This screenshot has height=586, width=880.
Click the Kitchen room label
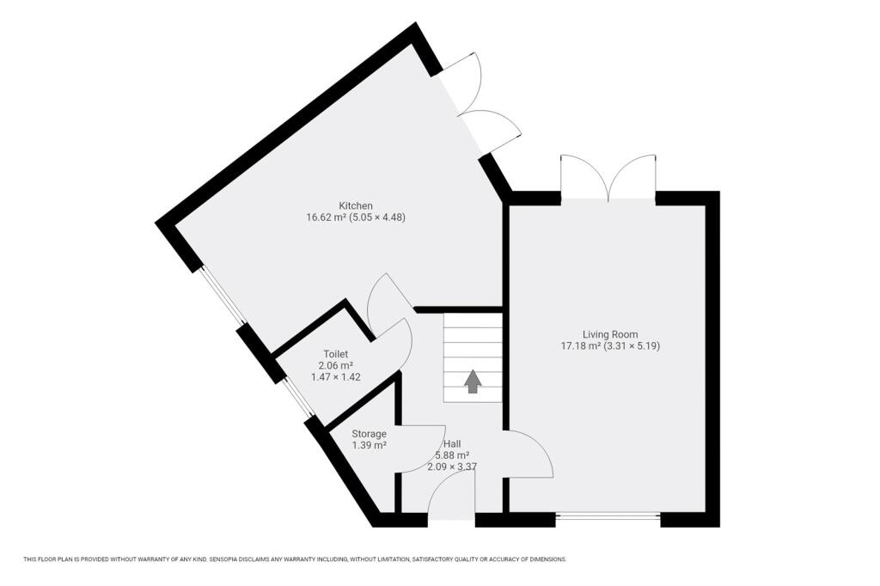355,205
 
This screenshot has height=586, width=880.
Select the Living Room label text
610,334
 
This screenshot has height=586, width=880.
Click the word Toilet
335,354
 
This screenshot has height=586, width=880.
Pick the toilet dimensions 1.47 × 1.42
335,377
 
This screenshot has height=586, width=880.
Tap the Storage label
369,434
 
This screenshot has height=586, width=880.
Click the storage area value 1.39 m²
369,446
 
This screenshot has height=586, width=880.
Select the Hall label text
451,443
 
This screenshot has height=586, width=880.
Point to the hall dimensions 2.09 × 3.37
451,467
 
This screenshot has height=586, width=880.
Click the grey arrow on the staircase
473,381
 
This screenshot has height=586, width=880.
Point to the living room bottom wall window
608,516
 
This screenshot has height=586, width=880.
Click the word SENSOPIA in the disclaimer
226,559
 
